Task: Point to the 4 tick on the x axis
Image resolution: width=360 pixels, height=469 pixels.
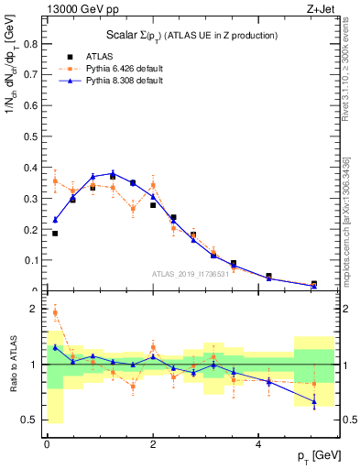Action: [259, 443]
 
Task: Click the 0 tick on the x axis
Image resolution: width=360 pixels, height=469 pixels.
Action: [47, 443]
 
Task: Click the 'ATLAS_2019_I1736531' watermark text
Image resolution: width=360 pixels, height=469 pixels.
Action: [191, 274]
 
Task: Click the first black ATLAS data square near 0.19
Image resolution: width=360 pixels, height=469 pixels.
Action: [55, 234]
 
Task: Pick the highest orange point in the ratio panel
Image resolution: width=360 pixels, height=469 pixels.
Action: [55, 312]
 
